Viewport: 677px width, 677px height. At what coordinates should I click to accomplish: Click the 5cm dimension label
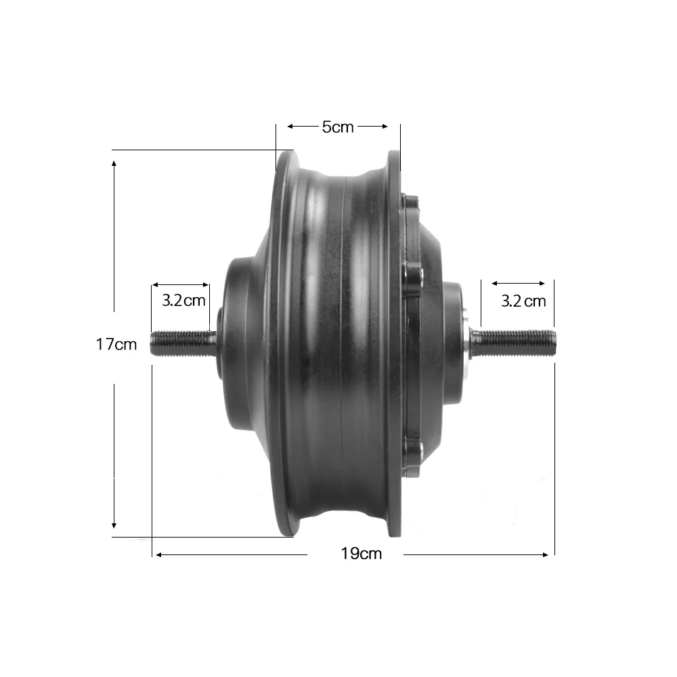[x=337, y=127]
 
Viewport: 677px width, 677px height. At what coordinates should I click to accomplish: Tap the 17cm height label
[x=116, y=344]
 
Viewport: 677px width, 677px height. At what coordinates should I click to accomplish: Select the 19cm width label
[x=361, y=554]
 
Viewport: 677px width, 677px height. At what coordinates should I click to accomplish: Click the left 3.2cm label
[x=183, y=300]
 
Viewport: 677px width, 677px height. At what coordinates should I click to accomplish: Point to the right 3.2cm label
[x=523, y=301]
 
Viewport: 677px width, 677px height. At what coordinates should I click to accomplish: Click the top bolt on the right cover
[x=409, y=202]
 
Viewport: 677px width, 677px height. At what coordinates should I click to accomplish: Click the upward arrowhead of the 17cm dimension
[x=114, y=164]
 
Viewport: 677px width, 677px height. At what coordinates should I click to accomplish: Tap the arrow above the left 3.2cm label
[x=181, y=285]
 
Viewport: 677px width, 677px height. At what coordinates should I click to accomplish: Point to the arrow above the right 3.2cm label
[x=518, y=284]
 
